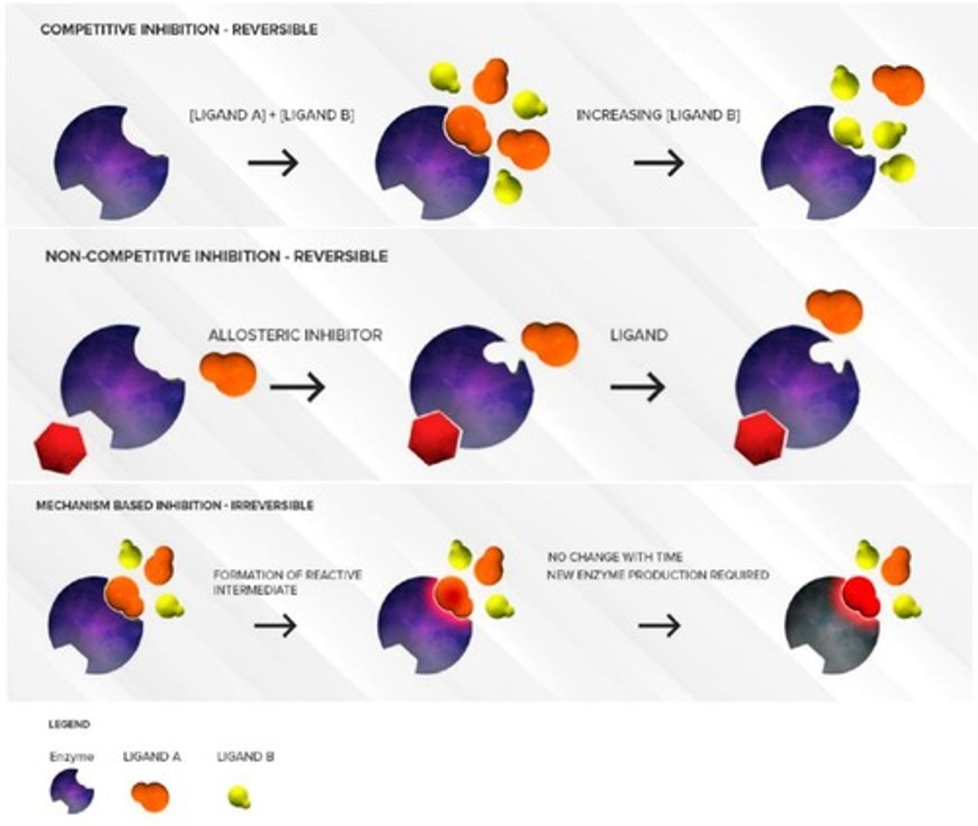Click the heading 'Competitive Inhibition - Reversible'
179,30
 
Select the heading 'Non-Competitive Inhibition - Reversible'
216,256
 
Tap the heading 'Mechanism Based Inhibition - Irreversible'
174,505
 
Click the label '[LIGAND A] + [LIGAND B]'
272,116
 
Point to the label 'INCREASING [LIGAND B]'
658,116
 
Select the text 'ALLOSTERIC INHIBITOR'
295,335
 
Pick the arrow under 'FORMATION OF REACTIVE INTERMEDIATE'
275,626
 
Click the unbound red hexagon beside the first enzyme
60,448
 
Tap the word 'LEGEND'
69,724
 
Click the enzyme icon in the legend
72,793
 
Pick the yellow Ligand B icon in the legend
240,797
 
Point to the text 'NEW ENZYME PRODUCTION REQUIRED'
658,574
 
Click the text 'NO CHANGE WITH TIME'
615,556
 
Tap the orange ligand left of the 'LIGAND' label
550,342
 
